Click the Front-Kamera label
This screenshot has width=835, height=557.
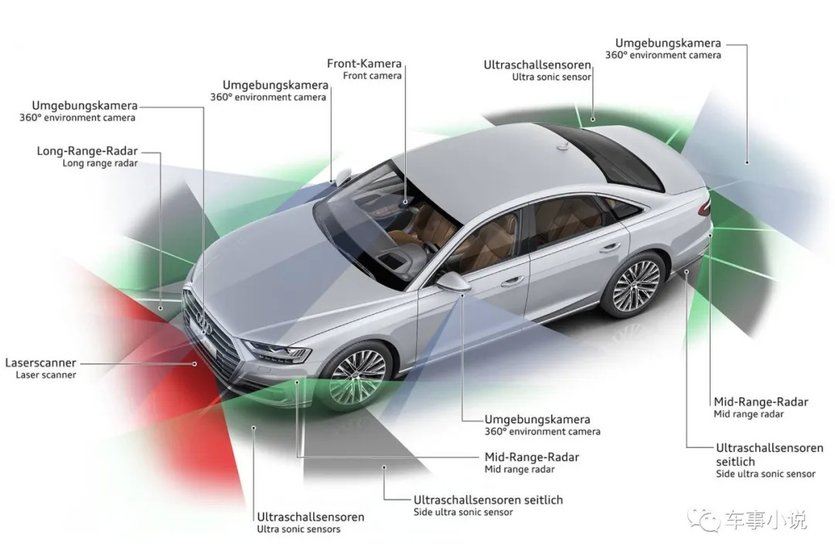[x=364, y=63]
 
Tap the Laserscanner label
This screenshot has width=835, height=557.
[x=40, y=362]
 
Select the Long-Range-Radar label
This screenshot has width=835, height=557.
[x=87, y=151]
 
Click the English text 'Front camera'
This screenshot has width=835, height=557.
[x=373, y=76]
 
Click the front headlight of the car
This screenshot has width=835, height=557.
[x=277, y=351]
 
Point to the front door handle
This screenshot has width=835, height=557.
[x=513, y=282]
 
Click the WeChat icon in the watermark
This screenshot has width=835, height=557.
[x=705, y=520]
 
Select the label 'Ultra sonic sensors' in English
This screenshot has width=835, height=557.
[x=298, y=529]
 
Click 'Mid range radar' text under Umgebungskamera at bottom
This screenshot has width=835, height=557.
[x=520, y=469]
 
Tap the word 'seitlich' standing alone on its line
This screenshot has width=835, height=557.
[x=735, y=461]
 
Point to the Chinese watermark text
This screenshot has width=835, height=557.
[x=765, y=520]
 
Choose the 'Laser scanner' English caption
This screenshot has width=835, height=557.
[x=46, y=375]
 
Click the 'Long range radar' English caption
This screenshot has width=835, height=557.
[x=100, y=163]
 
